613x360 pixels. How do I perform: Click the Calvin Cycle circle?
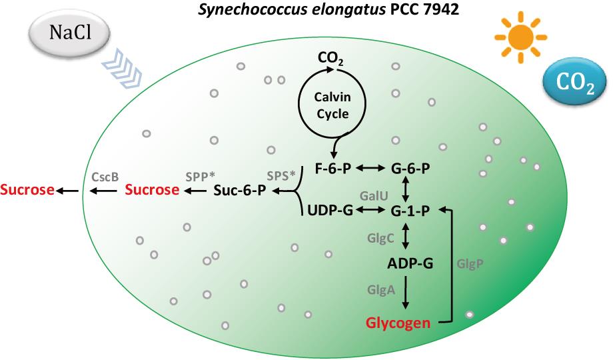point(331,105)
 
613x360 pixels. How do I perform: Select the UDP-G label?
point(329,211)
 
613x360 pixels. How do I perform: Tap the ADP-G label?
point(410,264)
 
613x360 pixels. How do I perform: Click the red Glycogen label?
point(398,323)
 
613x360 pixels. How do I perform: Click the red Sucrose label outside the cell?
point(27,191)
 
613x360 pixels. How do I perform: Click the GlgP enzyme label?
point(470,263)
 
